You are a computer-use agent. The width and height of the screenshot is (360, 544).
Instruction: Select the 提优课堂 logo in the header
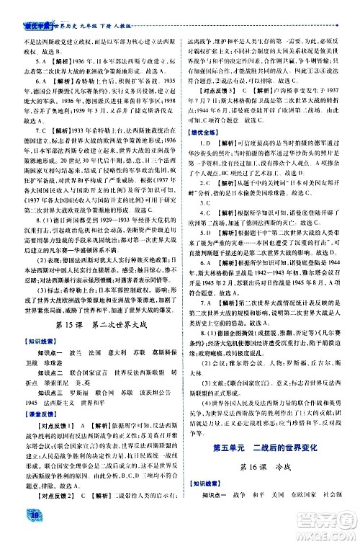coord(37,6)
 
